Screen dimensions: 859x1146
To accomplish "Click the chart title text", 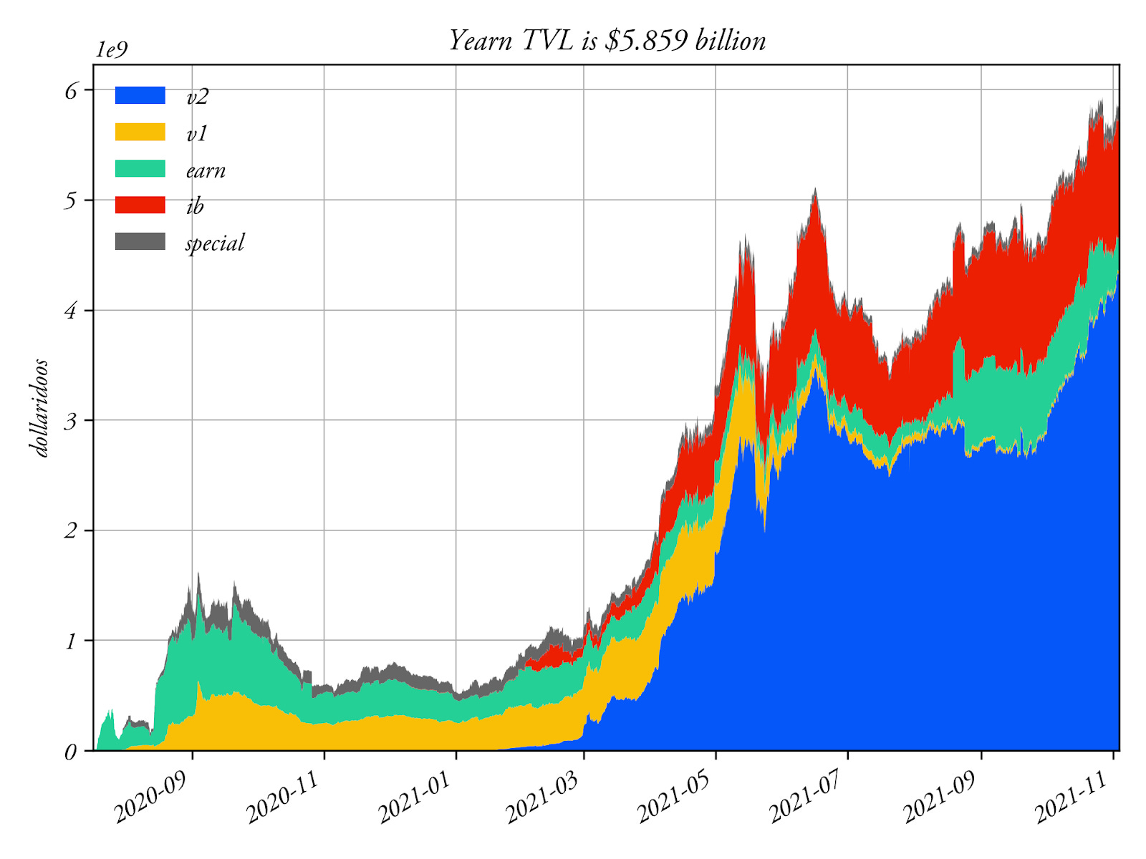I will pyautogui.click(x=607, y=40).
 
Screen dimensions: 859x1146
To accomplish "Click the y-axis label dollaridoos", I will pyautogui.click(x=41, y=408).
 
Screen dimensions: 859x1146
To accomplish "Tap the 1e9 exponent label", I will pyautogui.click(x=112, y=49).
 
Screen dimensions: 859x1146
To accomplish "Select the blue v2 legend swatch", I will pyautogui.click(x=140, y=95).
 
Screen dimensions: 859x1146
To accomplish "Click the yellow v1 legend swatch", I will pyautogui.click(x=140, y=132).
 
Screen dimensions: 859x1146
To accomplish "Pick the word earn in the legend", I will pyautogui.click(x=206, y=170).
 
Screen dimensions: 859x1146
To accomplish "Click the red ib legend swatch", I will pyautogui.click(x=140, y=205).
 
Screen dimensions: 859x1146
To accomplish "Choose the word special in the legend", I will pyautogui.click(x=215, y=243).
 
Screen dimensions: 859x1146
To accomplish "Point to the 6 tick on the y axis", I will pyautogui.click(x=70, y=91).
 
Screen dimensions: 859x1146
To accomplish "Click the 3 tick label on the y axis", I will pyautogui.click(x=70, y=421).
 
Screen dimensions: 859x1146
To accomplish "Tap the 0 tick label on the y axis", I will pyautogui.click(x=70, y=752).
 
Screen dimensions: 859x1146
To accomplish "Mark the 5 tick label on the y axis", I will pyautogui.click(x=70, y=201).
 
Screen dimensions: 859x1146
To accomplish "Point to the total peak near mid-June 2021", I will pyautogui.click(x=814, y=190).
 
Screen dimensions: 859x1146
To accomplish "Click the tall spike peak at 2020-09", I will pyautogui.click(x=198, y=575).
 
